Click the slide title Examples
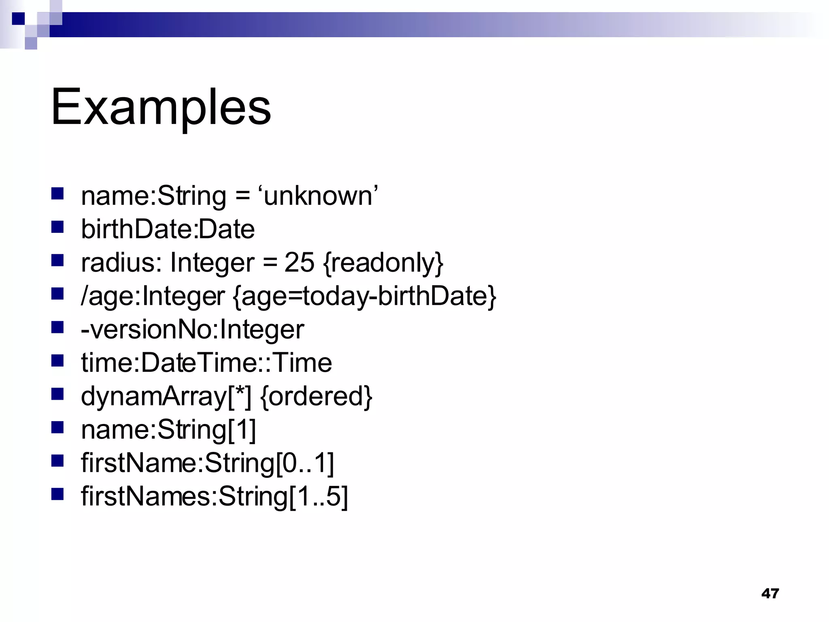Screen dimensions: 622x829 (x=161, y=107)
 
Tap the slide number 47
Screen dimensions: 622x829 (x=769, y=593)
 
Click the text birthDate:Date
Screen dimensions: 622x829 (x=168, y=229)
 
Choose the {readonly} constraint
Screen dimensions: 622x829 (x=383, y=263)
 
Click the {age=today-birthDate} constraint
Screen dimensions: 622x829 (x=364, y=296)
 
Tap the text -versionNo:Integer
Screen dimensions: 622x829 (x=192, y=329)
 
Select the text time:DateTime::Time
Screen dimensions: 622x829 (x=206, y=362)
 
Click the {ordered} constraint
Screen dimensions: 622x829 (x=316, y=396)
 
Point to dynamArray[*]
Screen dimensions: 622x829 (x=166, y=396)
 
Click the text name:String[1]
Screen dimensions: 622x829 (x=168, y=429)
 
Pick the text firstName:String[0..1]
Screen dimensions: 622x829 (x=207, y=463)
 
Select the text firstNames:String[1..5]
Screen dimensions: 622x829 (x=214, y=496)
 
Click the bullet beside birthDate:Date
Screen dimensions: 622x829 (x=57, y=227)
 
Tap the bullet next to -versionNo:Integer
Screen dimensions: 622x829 (x=57, y=327)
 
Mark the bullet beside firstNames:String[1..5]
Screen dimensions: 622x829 (x=57, y=494)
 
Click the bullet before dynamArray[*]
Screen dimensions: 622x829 (x=57, y=394)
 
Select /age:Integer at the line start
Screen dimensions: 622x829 (x=153, y=296)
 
